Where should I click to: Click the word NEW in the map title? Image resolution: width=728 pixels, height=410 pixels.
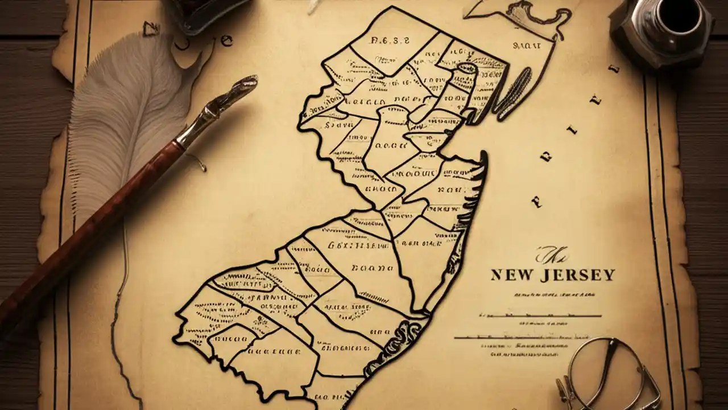pos(511,276)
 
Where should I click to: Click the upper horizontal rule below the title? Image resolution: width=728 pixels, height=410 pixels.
pos(540,315)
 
